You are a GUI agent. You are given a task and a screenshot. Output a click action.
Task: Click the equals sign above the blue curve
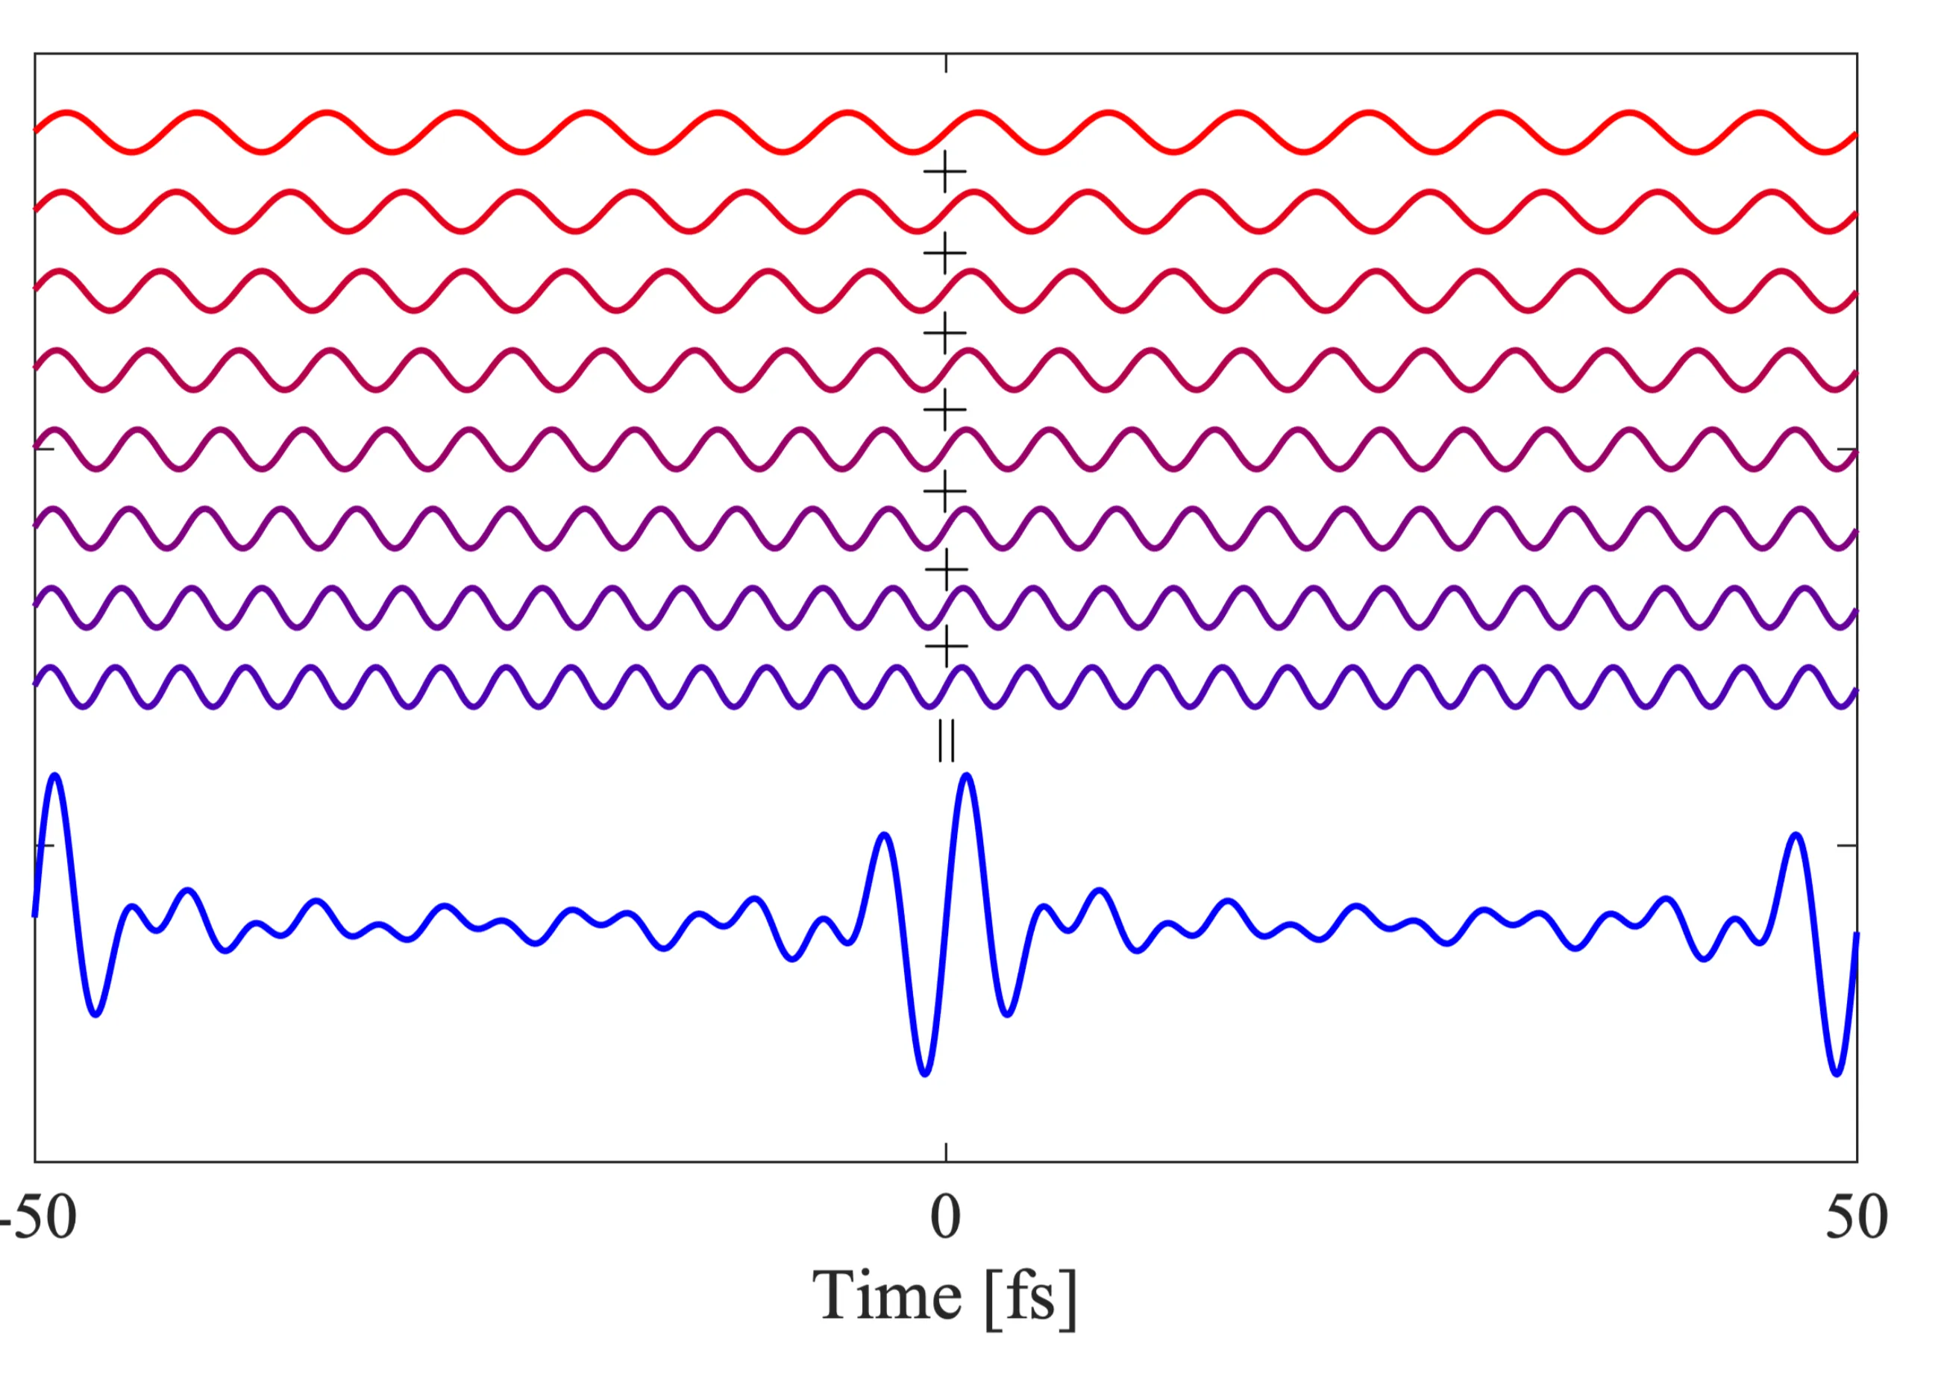pos(946,741)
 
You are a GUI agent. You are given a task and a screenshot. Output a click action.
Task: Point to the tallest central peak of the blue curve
pos(966,775)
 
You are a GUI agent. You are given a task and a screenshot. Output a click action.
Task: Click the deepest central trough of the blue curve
pos(925,1074)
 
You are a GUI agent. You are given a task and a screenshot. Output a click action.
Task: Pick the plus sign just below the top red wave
pos(945,173)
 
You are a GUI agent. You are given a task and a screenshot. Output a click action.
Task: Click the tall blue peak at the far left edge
pos(55,775)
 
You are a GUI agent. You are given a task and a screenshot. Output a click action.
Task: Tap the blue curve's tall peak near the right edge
pos(1796,835)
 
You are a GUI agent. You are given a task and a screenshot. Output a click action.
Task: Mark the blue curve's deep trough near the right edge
pos(1837,1074)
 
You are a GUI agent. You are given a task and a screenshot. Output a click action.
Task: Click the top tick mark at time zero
pos(946,63)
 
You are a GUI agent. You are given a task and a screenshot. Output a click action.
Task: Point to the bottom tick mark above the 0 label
pos(946,1152)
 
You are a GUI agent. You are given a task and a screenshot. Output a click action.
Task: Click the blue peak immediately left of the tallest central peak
pos(885,835)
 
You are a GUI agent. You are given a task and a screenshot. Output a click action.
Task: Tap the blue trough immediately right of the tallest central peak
pos(1008,1014)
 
